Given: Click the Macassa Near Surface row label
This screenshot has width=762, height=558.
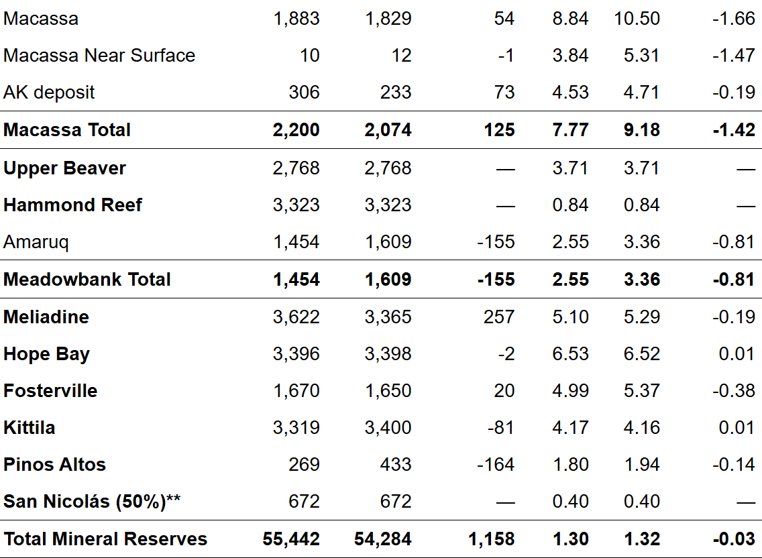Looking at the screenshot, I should coord(99,55).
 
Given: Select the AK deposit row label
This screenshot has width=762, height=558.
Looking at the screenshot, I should coord(49,92).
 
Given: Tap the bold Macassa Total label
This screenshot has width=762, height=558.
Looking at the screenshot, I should coord(67,129).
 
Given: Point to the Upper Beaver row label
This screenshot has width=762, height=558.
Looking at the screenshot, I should coord(64,168).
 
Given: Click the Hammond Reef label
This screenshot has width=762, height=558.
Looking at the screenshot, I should coord(72,205).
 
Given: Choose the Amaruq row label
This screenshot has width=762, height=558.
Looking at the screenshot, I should coord(36,241).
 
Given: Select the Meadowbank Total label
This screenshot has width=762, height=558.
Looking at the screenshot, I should coord(87,279).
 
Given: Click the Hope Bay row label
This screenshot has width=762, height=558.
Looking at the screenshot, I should coord(46,353).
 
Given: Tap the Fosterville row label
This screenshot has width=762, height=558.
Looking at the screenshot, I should coord(50,390).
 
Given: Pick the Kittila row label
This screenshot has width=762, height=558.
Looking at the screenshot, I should coord(30,427).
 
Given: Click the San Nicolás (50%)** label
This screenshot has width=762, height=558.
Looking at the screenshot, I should coord(93,501).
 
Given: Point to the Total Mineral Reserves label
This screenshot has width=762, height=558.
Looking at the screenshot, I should coord(105,539).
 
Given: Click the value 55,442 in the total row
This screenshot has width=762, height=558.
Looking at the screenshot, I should coord(291,539).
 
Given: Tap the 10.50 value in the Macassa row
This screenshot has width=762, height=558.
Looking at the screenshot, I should coord(637,18).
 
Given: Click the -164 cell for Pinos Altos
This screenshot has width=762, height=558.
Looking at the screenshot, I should coord(496,464).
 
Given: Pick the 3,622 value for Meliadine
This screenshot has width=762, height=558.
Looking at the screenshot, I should coord(296,317).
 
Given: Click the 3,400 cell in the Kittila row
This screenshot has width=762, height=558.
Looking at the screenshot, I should coord(388,427).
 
